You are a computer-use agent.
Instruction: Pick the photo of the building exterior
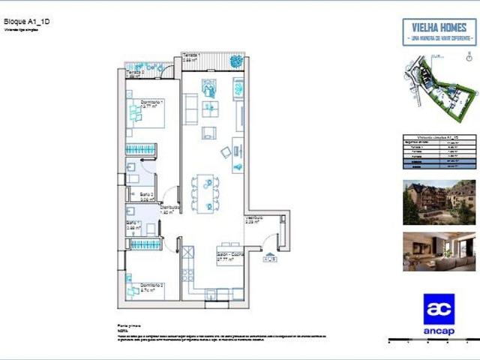point(439,202)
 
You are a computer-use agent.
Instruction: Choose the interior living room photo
point(439,250)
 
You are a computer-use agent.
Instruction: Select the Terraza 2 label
point(135,73)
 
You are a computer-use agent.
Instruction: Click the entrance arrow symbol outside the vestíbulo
point(268,258)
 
